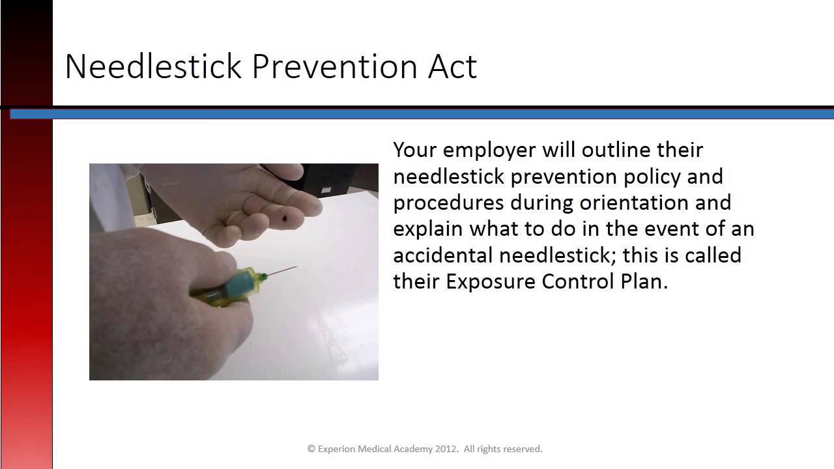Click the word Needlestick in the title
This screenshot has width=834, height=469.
click(x=154, y=66)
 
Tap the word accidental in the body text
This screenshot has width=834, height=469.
click(x=443, y=255)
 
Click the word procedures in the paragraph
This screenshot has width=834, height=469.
click(x=448, y=203)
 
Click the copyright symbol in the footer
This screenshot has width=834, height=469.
click(x=311, y=449)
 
